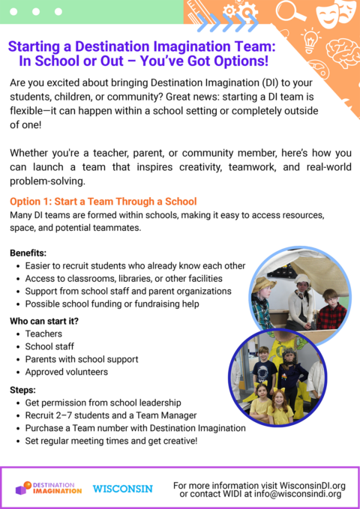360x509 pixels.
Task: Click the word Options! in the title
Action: pyautogui.click(x=239, y=61)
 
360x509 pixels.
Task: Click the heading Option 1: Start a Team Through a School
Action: pyautogui.click(x=103, y=202)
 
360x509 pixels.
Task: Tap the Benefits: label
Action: pyautogui.click(x=28, y=253)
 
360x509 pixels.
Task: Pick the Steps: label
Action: pyautogui.click(x=23, y=390)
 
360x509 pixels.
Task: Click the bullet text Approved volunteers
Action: pyautogui.click(x=67, y=372)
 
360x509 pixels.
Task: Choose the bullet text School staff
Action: pyautogui.click(x=49, y=346)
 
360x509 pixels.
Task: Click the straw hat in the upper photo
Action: pyautogui.click(x=263, y=286)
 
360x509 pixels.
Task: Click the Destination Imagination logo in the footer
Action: pyautogui.click(x=49, y=488)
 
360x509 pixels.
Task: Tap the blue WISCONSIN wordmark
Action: pyautogui.click(x=122, y=489)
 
